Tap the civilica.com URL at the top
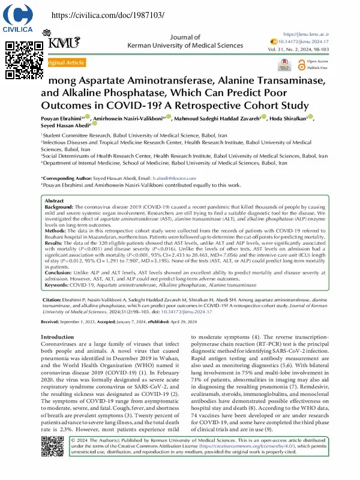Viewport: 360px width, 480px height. (x=107, y=15)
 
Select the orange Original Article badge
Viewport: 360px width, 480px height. (x=65, y=62)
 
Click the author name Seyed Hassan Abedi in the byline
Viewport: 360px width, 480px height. (x=65, y=126)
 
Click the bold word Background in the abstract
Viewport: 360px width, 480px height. (x=59, y=206)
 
